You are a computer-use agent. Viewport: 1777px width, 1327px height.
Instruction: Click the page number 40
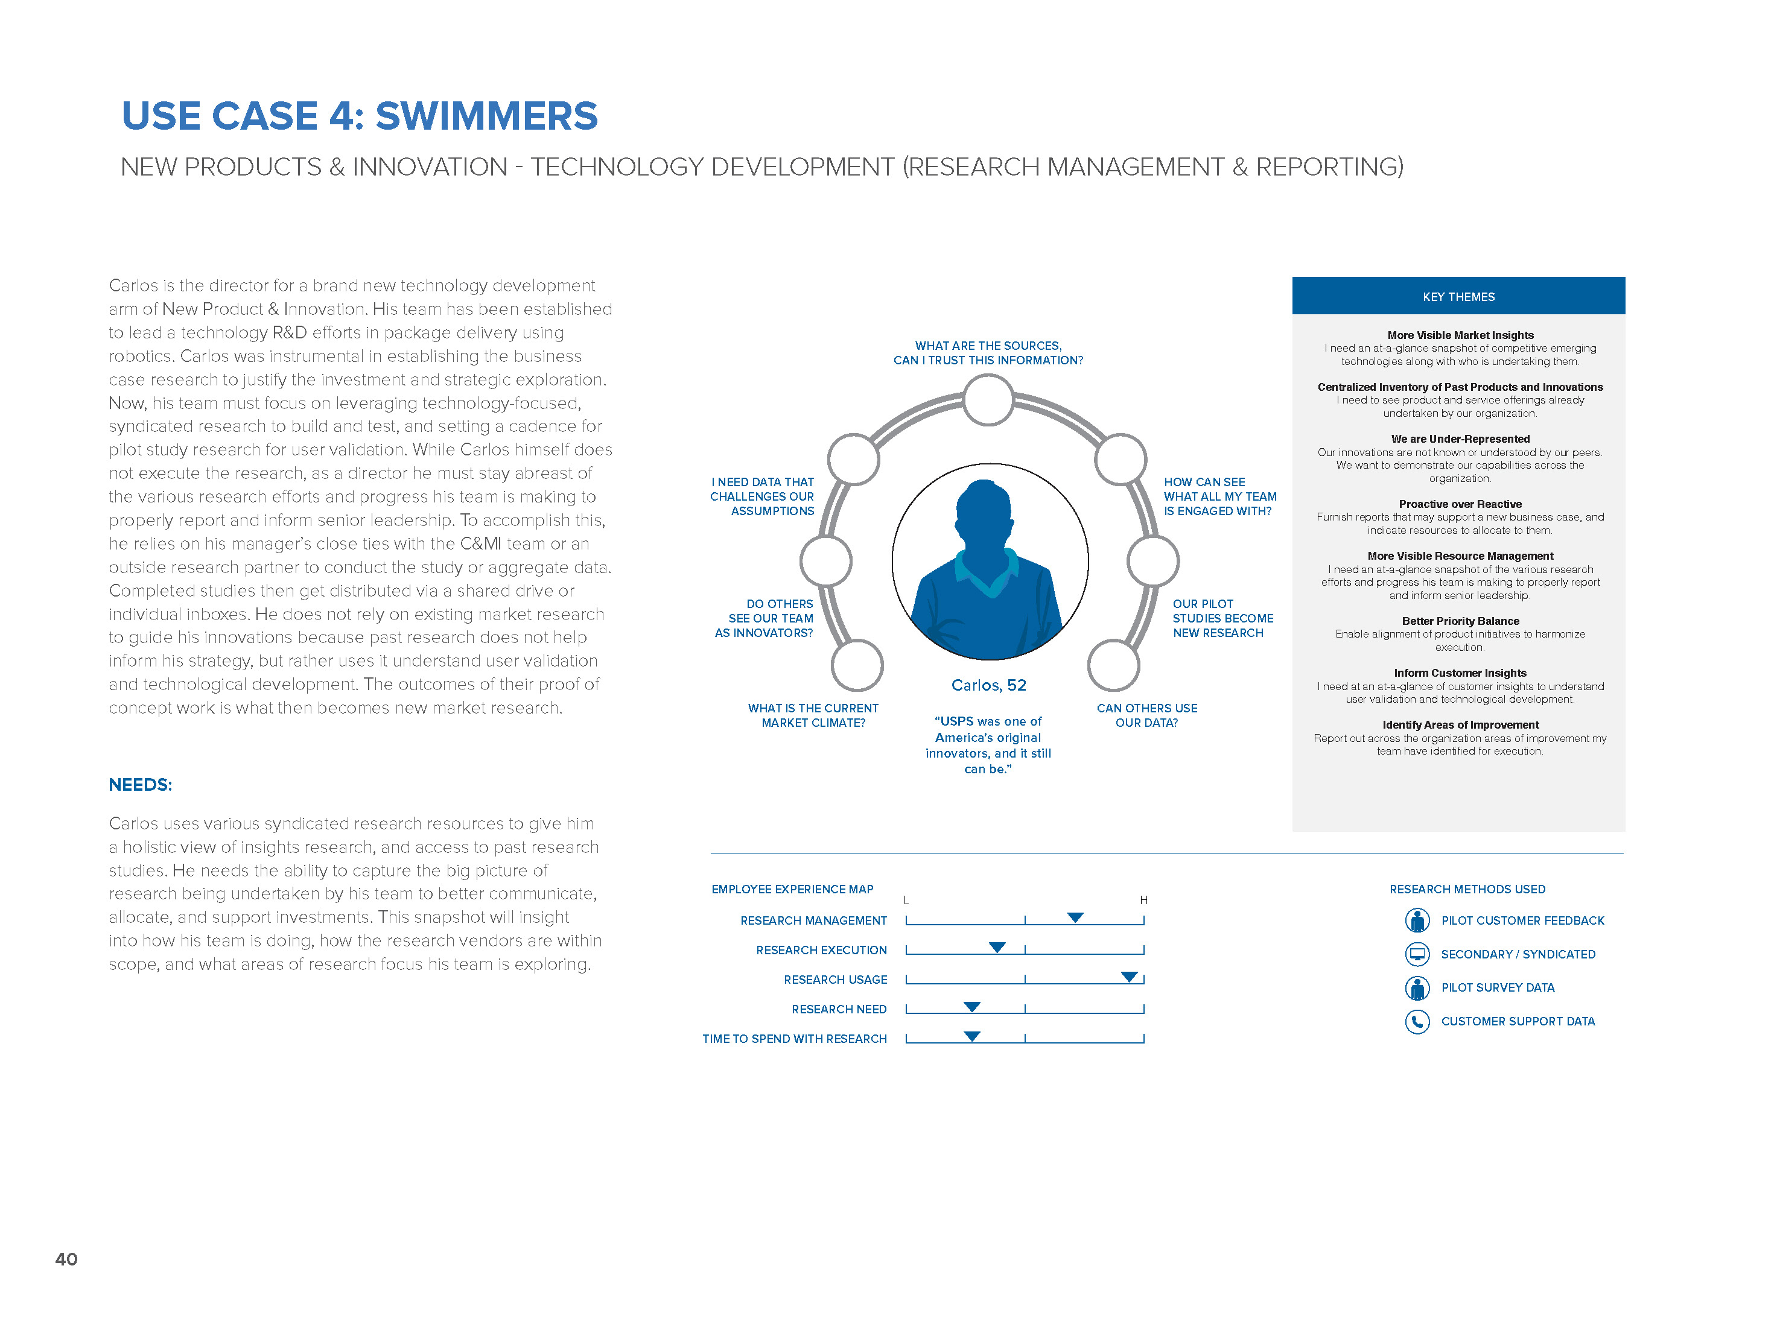(66, 1259)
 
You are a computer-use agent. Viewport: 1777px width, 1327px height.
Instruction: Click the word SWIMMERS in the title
(487, 116)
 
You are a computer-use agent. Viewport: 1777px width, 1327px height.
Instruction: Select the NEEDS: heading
(141, 785)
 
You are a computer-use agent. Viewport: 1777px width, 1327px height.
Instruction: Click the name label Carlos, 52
(989, 685)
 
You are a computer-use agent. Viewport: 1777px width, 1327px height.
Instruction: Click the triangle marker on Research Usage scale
(1130, 977)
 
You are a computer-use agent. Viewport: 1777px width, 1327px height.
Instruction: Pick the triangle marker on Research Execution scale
(997, 947)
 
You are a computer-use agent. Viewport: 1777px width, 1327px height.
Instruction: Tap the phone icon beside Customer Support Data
(1417, 1022)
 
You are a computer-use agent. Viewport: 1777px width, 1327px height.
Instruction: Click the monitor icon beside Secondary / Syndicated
(1417, 954)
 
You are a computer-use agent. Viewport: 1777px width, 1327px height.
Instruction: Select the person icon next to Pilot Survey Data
(1417, 988)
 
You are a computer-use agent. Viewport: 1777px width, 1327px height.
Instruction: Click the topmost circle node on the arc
(988, 399)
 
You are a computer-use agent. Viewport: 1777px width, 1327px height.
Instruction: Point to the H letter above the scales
(1143, 901)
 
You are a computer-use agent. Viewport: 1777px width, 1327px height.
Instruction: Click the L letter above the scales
(906, 901)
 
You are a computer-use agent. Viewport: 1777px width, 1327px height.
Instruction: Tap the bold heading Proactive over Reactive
(1460, 504)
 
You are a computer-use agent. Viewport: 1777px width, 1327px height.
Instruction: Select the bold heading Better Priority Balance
(1460, 621)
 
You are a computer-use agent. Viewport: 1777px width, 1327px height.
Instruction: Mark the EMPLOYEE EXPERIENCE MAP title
(792, 889)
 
